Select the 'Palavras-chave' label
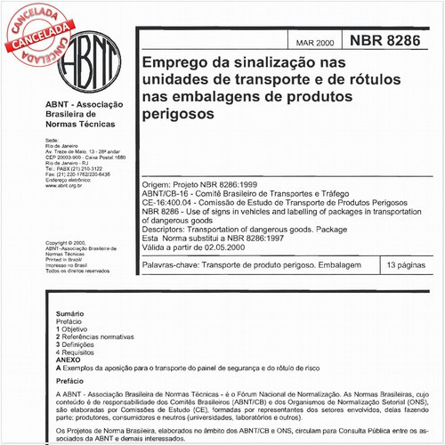(x=172, y=266)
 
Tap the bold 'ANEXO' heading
(x=68, y=360)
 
